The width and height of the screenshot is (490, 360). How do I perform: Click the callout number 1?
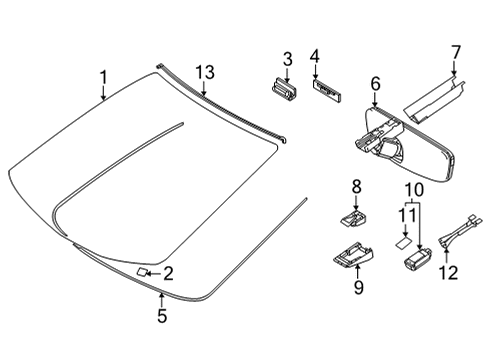tap(102, 76)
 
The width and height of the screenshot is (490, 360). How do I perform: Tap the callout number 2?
tap(168, 273)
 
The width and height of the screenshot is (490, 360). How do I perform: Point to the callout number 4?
tap(314, 58)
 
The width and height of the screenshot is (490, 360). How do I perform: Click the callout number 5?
tap(161, 318)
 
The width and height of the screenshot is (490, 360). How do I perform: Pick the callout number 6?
tap(376, 84)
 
